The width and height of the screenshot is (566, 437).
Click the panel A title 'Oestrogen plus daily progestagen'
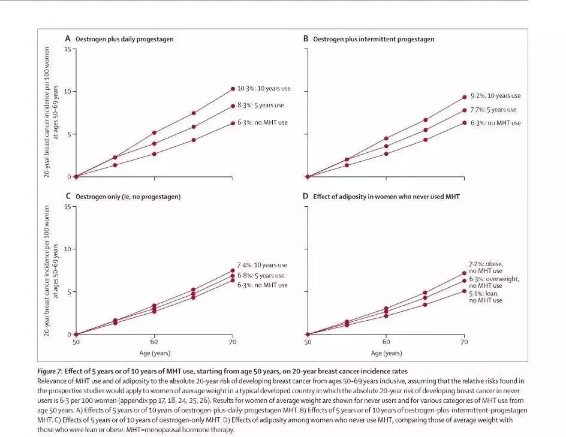[125, 39]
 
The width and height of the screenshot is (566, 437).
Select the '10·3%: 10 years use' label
[264, 89]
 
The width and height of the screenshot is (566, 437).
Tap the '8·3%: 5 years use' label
[261, 106]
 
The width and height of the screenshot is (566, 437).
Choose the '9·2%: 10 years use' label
[495, 96]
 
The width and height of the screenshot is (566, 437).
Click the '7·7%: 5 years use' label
[493, 110]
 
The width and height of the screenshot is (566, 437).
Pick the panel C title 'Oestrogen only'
[128, 196]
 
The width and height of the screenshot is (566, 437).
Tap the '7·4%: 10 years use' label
[263, 265]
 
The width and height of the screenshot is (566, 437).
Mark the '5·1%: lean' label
[486, 294]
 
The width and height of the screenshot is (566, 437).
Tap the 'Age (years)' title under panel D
[386, 353]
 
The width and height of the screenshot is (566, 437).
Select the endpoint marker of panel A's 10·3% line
[233, 89]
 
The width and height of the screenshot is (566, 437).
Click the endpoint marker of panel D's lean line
[463, 291]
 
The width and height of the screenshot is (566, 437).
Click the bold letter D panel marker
[306, 196]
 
